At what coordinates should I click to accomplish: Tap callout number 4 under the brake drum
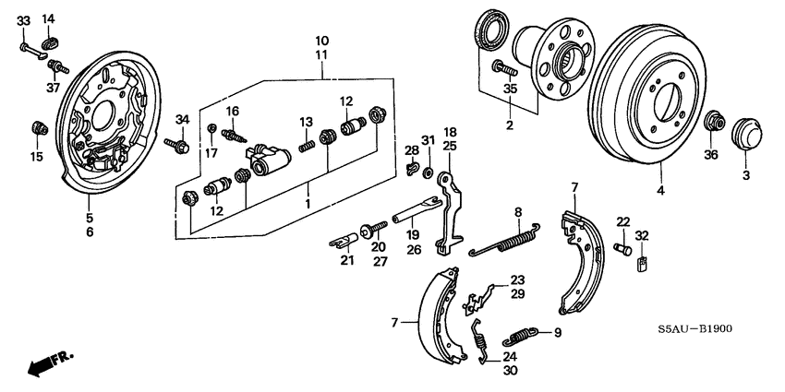(659, 192)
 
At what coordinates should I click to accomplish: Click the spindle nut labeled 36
(713, 124)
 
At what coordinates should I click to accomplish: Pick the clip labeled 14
(51, 40)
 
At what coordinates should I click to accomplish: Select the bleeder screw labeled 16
(237, 135)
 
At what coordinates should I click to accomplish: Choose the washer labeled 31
(429, 172)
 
